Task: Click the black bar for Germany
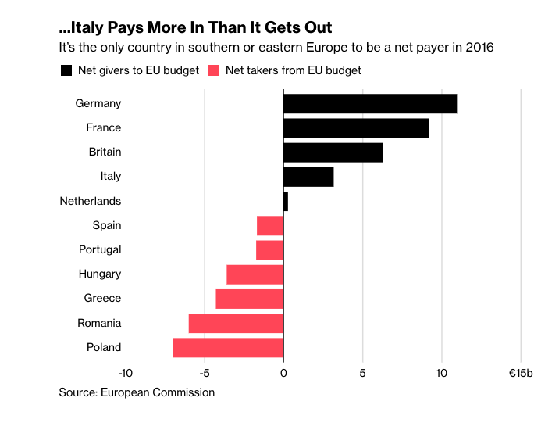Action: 370,103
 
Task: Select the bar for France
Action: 356,127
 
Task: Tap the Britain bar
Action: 333,152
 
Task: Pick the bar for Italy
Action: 308,177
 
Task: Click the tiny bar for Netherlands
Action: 286,201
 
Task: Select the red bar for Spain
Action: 270,226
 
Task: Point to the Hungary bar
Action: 255,274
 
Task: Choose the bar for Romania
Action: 236,323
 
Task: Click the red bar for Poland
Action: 228,347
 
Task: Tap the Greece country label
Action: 102,299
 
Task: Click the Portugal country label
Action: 100,250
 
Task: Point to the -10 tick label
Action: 125,374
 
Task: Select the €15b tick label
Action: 521,374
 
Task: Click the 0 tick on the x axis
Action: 283,374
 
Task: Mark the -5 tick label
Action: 205,374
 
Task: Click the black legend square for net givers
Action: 66,70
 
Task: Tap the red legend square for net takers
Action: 214,70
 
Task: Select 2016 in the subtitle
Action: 478,48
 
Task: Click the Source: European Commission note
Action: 137,392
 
